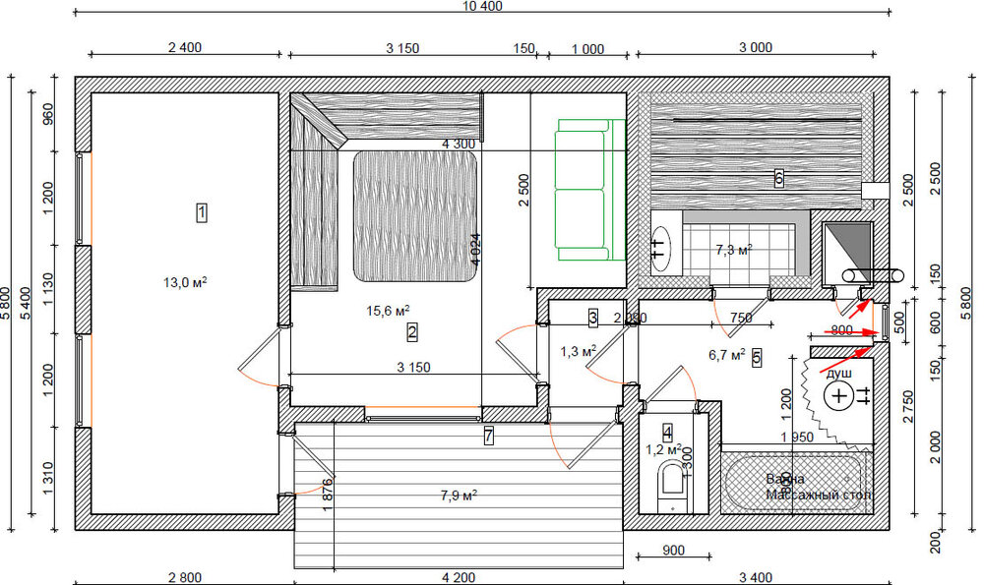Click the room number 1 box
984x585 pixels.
(x=202, y=211)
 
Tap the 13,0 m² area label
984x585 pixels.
(x=185, y=282)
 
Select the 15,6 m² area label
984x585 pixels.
(x=388, y=311)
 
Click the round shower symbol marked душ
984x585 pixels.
(x=838, y=396)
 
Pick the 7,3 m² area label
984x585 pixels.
(x=733, y=251)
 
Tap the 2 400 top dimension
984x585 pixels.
(x=184, y=47)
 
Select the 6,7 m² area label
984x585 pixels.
(x=726, y=355)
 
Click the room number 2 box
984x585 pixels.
(x=412, y=333)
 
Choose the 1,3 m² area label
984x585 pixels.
(x=579, y=350)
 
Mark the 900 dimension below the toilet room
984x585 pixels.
(x=674, y=551)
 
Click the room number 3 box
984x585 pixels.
(x=593, y=318)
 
